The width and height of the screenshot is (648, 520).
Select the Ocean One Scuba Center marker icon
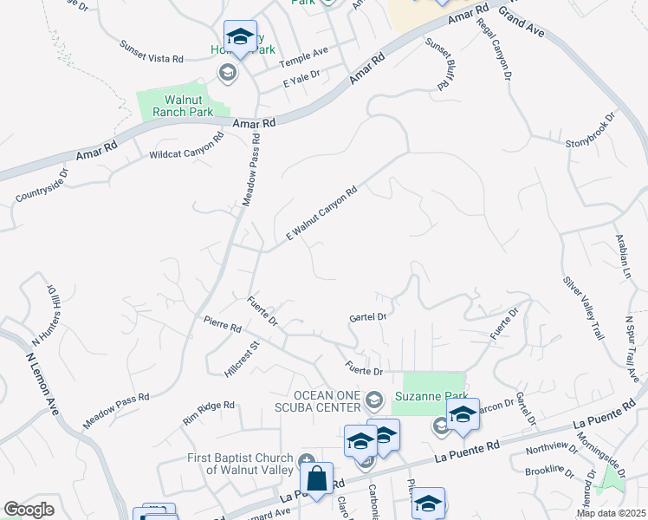[x=374, y=400]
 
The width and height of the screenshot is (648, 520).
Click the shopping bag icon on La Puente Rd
[x=318, y=478]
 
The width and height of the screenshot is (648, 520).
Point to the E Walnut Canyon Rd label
[x=322, y=215]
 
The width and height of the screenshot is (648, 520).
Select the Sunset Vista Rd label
[x=152, y=52]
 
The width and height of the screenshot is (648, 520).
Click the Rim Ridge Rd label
[x=209, y=412]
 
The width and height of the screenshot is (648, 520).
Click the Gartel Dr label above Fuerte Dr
[x=368, y=317]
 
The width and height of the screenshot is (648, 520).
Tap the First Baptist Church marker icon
[x=305, y=460]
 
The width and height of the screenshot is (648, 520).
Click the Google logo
[x=29, y=510]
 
